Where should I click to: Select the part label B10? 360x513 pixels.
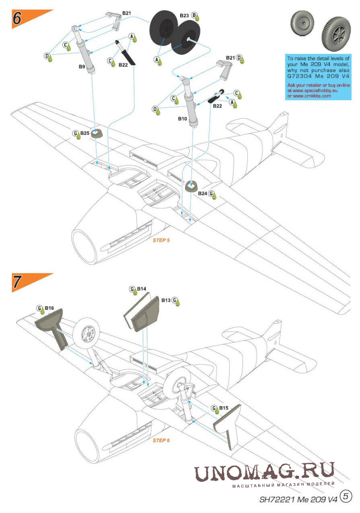183,119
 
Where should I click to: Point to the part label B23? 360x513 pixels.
184,16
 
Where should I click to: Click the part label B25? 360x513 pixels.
85,134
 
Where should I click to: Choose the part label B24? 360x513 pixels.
202,193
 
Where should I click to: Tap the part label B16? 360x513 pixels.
49,307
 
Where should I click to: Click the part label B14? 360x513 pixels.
142,289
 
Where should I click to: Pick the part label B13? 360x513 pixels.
166,300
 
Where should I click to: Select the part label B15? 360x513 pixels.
224,408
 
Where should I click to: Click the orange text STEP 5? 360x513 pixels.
161,240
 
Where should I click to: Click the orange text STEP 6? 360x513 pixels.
161,440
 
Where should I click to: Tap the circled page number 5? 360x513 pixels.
346,496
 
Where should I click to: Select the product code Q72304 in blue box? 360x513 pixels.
300,77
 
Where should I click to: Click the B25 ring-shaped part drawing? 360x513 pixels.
97,133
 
